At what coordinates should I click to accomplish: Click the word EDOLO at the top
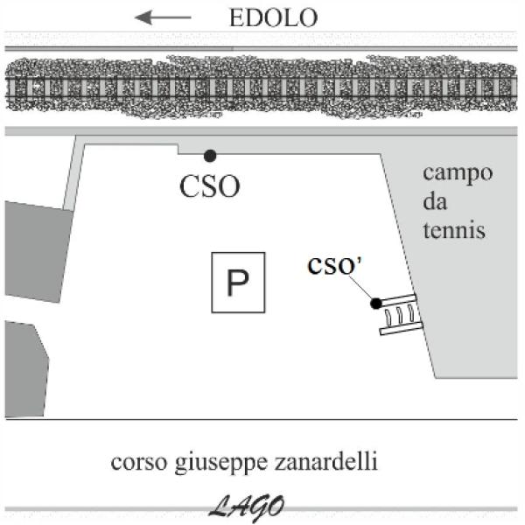[x=272, y=17]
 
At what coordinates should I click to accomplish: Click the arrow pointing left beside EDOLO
[x=164, y=17]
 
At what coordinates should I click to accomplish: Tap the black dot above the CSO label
[x=209, y=156]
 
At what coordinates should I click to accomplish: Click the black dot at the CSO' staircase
[x=375, y=303]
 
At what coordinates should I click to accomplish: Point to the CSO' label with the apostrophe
[x=336, y=266]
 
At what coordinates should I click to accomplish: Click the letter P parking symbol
[x=237, y=283]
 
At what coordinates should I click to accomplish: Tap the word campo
[x=458, y=171]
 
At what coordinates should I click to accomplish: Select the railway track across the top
[x=262, y=87]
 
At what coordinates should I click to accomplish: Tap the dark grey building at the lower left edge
[x=24, y=367]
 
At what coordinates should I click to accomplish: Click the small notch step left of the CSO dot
[x=178, y=149]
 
